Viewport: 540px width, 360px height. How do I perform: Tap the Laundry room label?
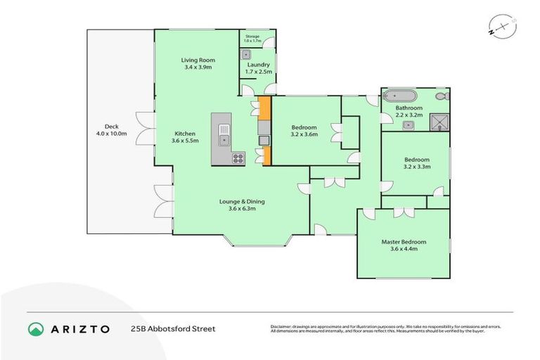point(258,68)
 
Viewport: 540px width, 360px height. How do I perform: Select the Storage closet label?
point(252,39)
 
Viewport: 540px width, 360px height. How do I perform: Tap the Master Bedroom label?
point(404,245)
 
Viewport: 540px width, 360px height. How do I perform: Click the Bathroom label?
point(408,111)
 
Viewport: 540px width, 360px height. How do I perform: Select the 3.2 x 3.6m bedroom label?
point(304,131)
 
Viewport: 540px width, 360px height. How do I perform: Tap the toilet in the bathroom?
point(441,96)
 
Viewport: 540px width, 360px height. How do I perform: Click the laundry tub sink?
point(247,53)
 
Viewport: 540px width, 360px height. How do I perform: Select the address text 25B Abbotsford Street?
point(172,328)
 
